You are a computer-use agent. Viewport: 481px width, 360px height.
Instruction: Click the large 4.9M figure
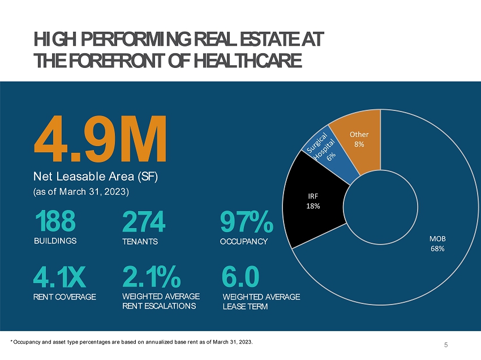coord(101,139)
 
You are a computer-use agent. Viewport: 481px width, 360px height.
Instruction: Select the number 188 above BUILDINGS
coord(55,222)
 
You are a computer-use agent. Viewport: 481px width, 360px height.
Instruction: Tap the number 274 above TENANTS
coord(144,222)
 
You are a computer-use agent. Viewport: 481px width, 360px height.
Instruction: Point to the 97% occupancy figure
coord(246,222)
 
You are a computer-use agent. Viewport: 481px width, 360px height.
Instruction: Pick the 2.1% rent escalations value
coord(151,277)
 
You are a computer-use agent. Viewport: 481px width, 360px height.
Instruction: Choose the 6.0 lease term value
coord(240,277)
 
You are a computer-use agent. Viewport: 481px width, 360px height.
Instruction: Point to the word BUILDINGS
coord(55,241)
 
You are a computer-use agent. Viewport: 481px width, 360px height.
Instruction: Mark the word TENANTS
coord(140,242)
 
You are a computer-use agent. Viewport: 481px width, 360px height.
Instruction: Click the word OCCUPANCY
coord(243,242)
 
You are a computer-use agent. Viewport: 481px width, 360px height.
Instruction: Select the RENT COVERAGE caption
coord(65,297)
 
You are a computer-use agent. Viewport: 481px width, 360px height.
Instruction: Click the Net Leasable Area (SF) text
coord(96,177)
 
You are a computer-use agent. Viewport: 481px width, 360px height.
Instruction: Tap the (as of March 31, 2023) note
coord(81,192)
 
